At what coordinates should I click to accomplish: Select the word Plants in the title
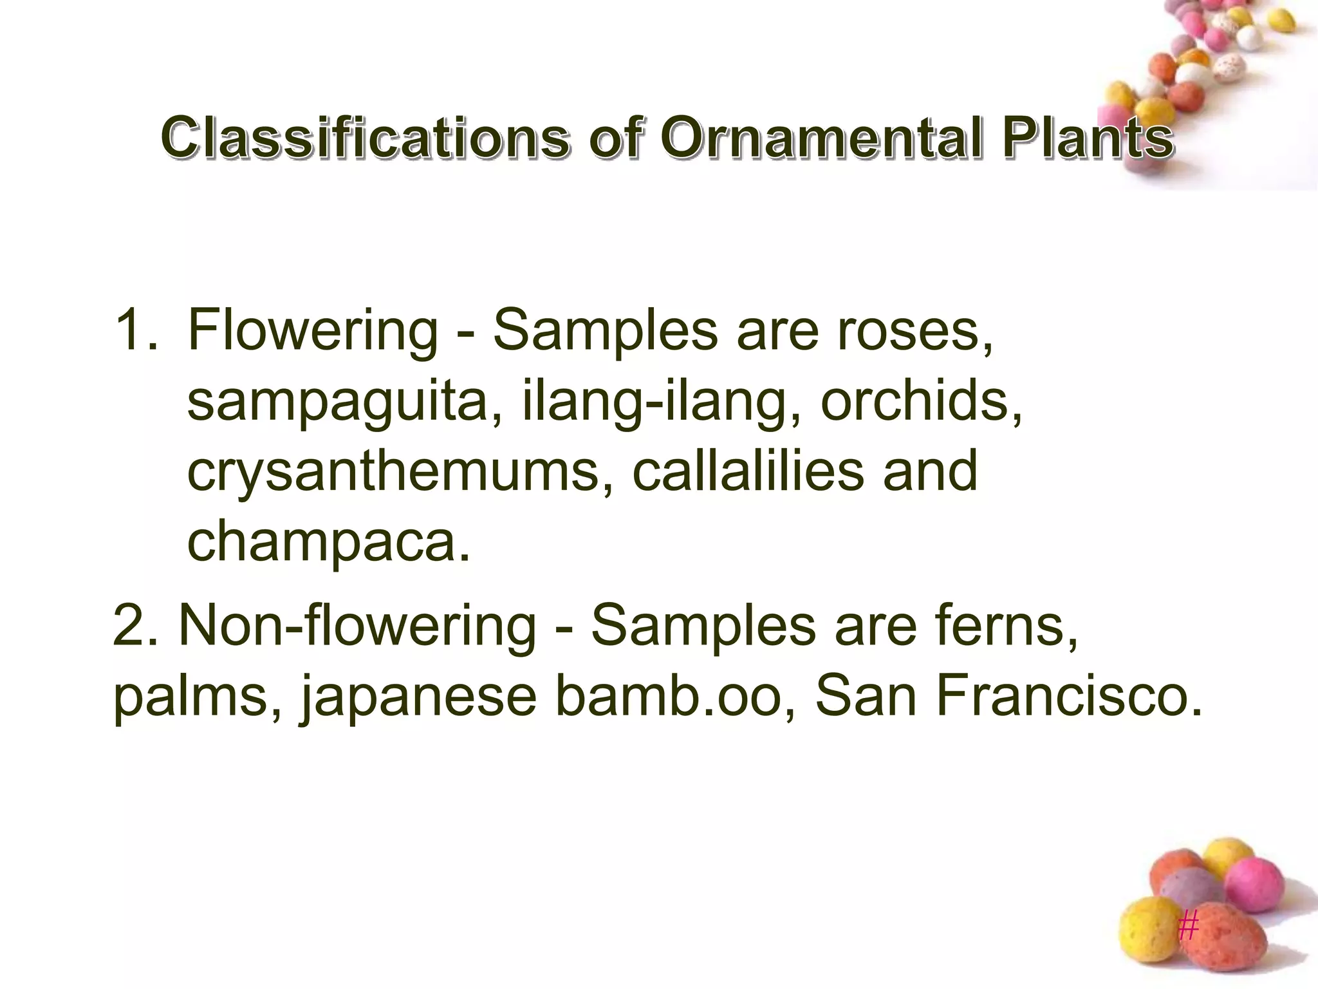[x=1087, y=137]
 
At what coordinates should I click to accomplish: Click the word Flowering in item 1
[x=313, y=330]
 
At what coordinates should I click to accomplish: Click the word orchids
[x=920, y=400]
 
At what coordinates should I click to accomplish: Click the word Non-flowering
[x=357, y=625]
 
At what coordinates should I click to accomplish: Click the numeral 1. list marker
[x=136, y=330]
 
